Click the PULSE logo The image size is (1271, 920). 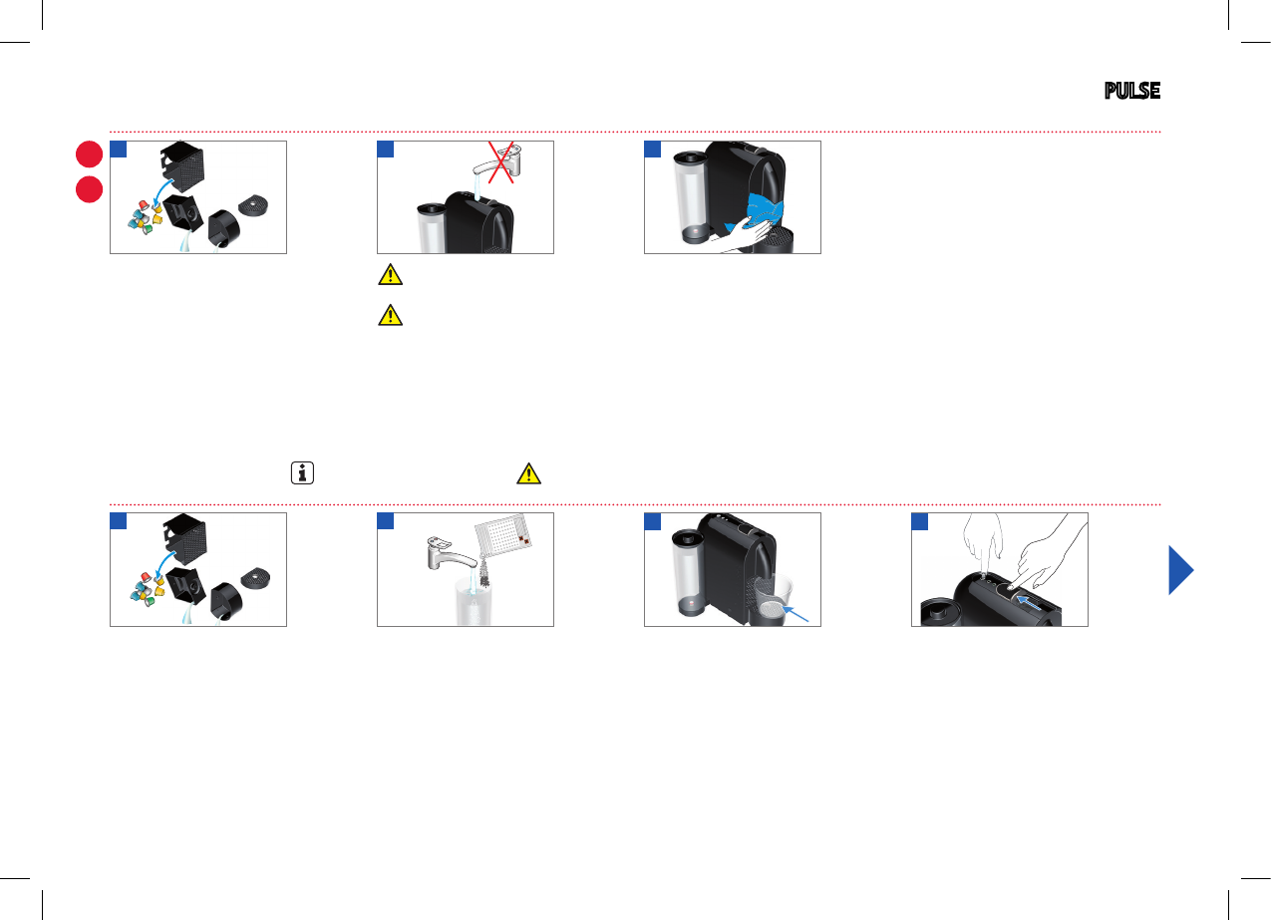[1131, 91]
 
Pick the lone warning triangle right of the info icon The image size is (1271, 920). [528, 473]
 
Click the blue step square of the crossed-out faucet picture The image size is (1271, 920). [386, 150]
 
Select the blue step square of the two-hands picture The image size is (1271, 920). [920, 521]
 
